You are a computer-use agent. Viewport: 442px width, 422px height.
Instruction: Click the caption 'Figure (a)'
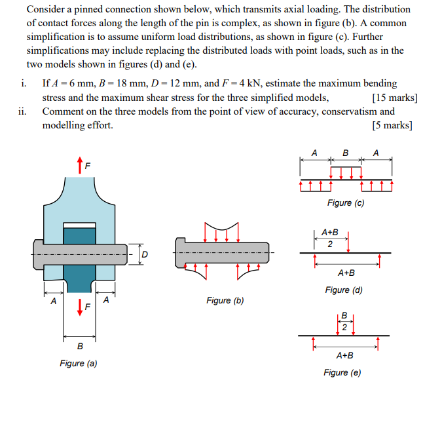coord(78,363)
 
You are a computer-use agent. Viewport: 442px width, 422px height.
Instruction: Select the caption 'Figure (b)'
coord(225,301)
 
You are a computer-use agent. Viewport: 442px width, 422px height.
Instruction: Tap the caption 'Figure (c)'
coord(345,203)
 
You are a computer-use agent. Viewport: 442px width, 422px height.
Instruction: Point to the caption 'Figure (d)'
coord(344,290)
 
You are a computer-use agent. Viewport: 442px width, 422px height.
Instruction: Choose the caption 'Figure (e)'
coord(342,373)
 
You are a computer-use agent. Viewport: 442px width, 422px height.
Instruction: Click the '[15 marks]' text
coord(394,98)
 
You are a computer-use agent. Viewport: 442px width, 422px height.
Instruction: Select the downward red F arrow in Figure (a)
coord(80,306)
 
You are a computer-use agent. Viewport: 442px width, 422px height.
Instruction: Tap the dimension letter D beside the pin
coord(145,254)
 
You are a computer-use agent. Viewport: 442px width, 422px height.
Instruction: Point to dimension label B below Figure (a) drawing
coord(80,346)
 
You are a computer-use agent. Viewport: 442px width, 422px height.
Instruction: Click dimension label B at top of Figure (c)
coord(345,153)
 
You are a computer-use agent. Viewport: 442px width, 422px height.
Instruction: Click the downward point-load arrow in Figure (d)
coord(348,242)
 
